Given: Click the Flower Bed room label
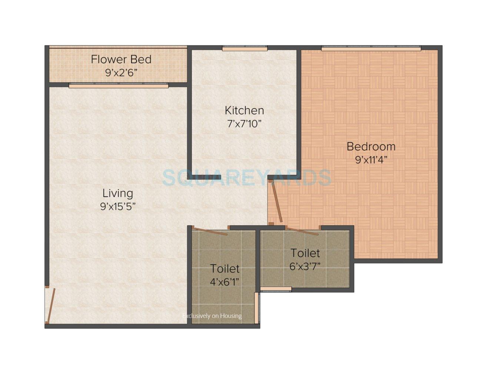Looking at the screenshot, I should click(121, 59).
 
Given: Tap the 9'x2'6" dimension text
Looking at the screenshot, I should click(121, 73).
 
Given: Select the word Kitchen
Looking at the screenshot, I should click(244, 111).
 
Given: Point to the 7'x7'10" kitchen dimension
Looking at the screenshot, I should click(244, 124).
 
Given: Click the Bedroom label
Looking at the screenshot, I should click(371, 147).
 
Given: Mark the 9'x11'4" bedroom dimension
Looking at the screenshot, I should click(371, 160).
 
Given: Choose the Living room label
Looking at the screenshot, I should click(117, 193).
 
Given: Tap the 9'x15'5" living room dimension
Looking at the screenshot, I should click(117, 207).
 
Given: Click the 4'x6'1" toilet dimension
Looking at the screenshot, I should click(225, 282).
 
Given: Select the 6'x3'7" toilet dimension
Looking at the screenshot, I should click(305, 266).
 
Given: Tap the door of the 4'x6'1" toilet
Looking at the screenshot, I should click(210, 231).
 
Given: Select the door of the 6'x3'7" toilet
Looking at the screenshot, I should click(302, 231).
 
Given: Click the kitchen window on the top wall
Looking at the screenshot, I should click(245, 49).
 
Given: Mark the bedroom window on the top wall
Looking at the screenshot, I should click(371, 49).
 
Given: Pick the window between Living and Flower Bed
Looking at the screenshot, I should click(119, 86).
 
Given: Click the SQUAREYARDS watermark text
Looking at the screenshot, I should click(246, 177).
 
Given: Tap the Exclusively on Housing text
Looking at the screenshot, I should click(212, 316).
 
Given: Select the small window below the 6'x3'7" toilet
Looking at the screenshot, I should click(276, 289).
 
